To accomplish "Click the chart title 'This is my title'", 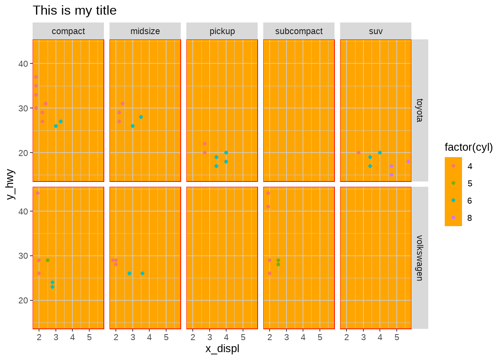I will [x=75, y=10].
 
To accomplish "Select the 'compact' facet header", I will [x=68, y=31].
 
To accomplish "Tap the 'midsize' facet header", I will [x=145, y=31].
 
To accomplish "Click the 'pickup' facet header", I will [x=222, y=31].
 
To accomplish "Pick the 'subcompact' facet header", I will [x=299, y=31].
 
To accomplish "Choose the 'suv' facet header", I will [x=376, y=31].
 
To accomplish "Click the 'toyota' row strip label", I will [x=420, y=110].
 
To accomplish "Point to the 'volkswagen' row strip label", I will [x=420, y=258].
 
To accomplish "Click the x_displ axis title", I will [x=222, y=349].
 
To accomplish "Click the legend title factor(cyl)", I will [x=468, y=147].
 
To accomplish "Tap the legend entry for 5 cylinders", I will [x=453, y=183].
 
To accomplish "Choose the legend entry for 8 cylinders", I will [x=453, y=218].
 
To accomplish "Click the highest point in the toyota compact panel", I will [x=36, y=77].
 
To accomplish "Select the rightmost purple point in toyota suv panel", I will [x=408, y=162].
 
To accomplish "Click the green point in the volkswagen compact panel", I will [x=48, y=260].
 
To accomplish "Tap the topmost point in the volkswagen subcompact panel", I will [x=268, y=193].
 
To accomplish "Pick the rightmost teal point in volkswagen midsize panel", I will [x=142, y=273].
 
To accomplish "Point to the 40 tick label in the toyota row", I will [x=23, y=64].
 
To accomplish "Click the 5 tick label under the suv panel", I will [x=397, y=337].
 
